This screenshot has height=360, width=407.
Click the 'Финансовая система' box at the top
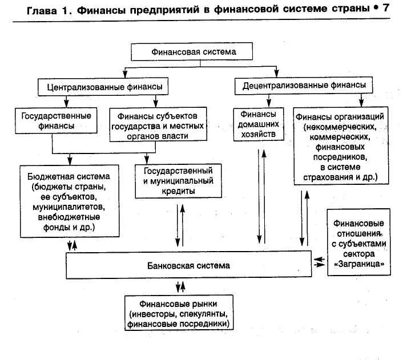(x=194, y=52)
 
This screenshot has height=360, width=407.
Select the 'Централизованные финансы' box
(x=100, y=87)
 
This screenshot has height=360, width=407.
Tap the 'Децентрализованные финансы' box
(x=304, y=86)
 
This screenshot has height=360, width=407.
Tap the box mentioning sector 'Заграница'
(x=358, y=243)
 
